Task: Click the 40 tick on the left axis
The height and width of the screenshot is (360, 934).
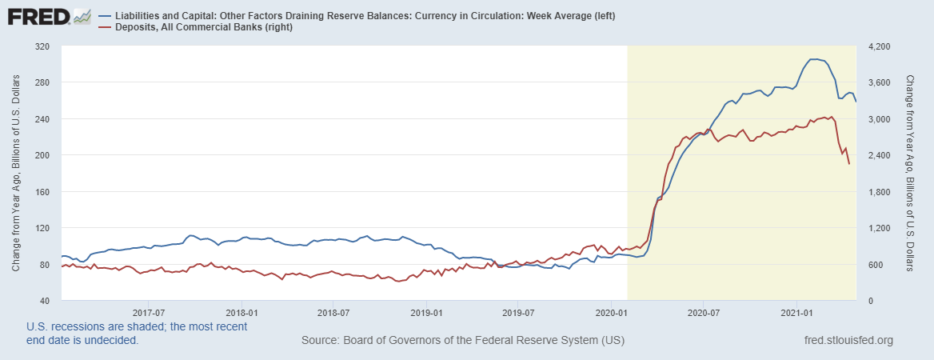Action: coord(46,301)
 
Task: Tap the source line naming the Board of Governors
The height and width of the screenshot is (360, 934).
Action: coord(463,341)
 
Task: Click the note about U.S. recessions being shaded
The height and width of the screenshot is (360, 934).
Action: coord(137,333)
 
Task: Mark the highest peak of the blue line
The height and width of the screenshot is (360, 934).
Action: coord(813,59)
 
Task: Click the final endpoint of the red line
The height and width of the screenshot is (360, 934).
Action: coord(848,164)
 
